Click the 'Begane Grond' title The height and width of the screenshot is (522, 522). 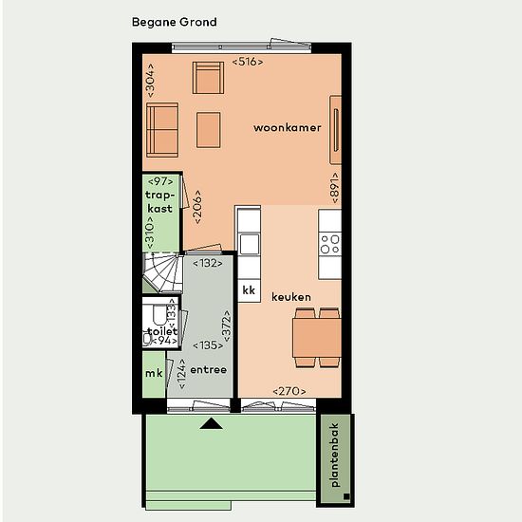174,23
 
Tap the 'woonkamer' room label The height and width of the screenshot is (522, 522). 288,127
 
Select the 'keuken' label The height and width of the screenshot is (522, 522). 291,297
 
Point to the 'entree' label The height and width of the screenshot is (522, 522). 209,369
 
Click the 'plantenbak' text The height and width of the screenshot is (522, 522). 334,455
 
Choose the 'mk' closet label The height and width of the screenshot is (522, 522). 154,373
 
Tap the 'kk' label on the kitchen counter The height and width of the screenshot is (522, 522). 249,290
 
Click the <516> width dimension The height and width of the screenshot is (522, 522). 248,62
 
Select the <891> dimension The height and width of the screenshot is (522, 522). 335,188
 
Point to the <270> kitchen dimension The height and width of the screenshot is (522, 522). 289,391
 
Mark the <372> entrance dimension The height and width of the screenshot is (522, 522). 227,326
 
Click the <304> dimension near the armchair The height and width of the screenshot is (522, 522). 151,81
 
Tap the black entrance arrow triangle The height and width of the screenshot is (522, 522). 212,424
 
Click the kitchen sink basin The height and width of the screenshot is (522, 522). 250,244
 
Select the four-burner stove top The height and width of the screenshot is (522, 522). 329,244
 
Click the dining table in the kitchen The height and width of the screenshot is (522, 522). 317,338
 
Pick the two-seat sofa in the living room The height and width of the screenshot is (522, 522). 162,130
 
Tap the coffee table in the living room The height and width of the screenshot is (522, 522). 209,130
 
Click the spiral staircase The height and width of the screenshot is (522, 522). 162,273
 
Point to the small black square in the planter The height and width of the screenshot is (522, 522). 346,496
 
